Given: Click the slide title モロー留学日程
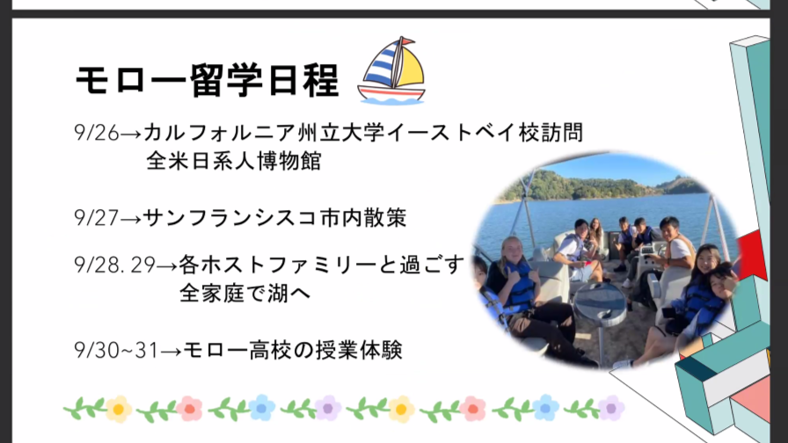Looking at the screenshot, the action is tap(207, 80).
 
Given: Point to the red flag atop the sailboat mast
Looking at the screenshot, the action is tap(407, 40).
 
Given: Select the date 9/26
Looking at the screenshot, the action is tap(97, 133).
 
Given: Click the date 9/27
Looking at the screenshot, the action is tap(97, 217).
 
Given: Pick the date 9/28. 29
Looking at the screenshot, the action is tap(114, 265).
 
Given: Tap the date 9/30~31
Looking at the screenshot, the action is tap(116, 350).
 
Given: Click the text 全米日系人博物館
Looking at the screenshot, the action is tap(234, 161).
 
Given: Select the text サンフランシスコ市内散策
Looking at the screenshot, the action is tap(275, 217).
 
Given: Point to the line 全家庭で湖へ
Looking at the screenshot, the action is tap(245, 293).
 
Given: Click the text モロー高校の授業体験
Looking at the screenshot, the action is tap(293, 350).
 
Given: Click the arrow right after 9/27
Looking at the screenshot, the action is tap(131, 219).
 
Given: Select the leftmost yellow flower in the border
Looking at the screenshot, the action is tap(119, 410).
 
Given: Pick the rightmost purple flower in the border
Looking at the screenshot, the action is tap(611, 408).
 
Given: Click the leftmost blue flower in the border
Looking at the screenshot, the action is tap(262, 408).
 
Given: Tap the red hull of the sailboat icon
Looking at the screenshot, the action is tap(391, 93).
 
